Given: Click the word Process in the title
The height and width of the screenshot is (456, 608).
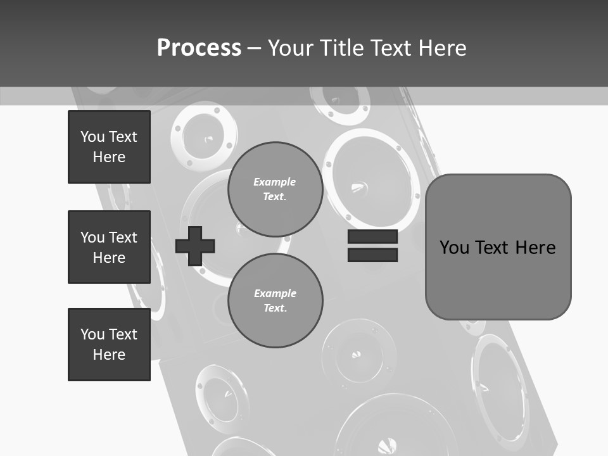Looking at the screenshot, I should (x=199, y=48).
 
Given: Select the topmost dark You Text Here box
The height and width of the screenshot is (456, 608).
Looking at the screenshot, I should (x=109, y=147).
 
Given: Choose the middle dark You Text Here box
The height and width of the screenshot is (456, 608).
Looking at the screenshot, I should (x=109, y=247).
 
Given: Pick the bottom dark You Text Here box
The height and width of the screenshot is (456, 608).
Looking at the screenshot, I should (x=109, y=345).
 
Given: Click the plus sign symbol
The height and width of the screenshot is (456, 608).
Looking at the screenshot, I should (x=194, y=245).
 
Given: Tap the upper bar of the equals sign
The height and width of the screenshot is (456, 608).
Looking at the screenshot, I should (x=372, y=237).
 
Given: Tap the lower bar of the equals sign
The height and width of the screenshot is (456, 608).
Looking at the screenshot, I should (x=372, y=255).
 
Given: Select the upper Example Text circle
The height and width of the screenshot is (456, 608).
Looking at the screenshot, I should (x=275, y=189).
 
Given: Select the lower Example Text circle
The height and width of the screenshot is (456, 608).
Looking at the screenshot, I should (x=275, y=301).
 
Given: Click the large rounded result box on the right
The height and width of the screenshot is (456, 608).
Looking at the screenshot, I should (x=498, y=246).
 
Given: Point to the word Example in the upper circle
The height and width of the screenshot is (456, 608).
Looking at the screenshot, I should (x=275, y=182).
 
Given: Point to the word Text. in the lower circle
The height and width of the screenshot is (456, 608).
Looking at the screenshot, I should (x=275, y=308).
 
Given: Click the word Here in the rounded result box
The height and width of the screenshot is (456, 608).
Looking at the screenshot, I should (x=535, y=247).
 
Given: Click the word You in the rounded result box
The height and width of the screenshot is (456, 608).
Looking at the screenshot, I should (x=454, y=247).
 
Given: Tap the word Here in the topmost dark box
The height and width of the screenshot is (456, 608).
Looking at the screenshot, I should (x=109, y=157).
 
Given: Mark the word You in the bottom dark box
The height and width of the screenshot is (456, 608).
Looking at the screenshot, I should (x=92, y=334).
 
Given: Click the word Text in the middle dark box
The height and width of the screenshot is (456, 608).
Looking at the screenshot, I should (x=122, y=237).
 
